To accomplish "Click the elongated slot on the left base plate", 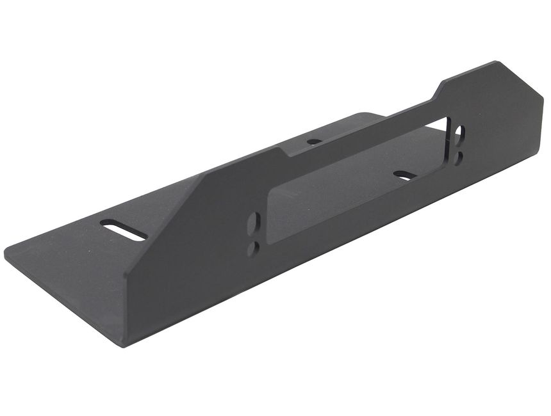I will [124, 230].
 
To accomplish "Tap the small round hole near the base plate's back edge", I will [314, 141].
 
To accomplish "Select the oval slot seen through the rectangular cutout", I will [404, 175].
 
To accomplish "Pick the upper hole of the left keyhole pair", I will [255, 223].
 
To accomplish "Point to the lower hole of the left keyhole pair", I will [253, 247].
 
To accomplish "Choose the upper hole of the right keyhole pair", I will [459, 132].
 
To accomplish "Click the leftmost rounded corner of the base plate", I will [8, 252].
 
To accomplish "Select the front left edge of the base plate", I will [64, 301].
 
